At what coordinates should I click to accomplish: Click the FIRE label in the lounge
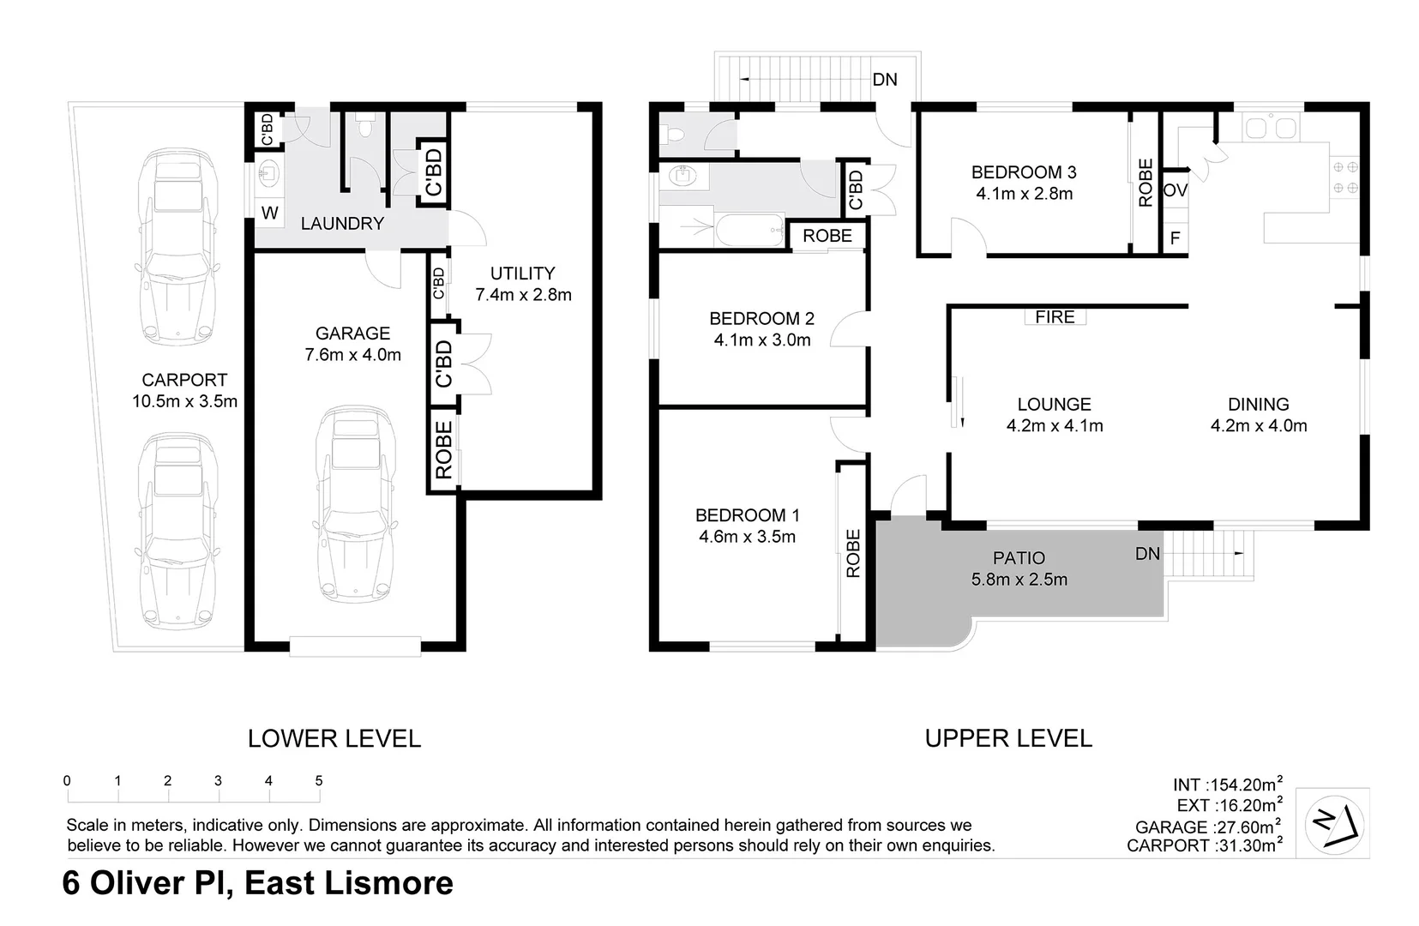[1055, 317]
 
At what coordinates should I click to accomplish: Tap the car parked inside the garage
[354, 504]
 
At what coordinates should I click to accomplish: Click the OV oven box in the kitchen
[1175, 190]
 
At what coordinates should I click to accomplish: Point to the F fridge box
[1175, 238]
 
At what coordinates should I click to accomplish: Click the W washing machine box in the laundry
[269, 213]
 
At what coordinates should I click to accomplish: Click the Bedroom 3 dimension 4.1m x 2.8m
[1024, 194]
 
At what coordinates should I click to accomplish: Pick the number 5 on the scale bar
[319, 780]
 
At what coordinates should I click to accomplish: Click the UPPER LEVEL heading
[1008, 738]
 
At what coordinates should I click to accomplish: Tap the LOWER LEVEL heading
[334, 738]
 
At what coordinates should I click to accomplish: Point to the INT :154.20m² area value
[1227, 785]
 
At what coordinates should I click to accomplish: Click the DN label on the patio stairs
[1147, 554]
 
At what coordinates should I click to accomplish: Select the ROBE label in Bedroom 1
[853, 553]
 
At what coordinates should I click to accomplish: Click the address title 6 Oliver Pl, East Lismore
[258, 883]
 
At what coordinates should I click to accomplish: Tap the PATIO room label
[1019, 558]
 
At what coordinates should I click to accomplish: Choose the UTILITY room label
[522, 274]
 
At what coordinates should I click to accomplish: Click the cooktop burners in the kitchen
[1344, 177]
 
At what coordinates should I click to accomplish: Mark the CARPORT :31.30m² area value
[1204, 845]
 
